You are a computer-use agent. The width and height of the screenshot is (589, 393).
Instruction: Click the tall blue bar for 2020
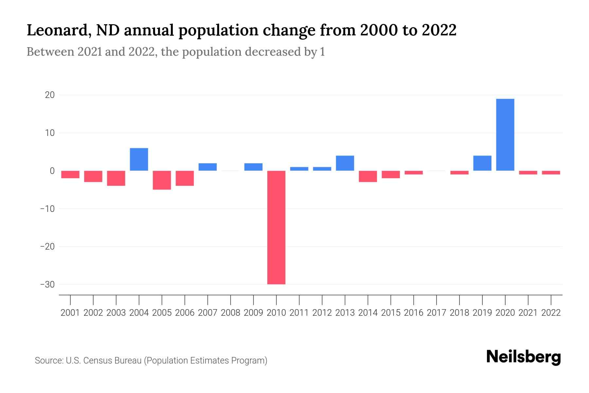tap(505, 135)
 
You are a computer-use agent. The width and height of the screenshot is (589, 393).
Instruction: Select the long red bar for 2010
tap(276, 227)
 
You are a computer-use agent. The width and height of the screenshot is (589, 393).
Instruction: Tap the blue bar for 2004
tap(139, 159)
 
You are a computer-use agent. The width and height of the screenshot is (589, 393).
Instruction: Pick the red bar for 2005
tap(162, 180)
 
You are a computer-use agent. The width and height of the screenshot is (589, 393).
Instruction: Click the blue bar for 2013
tap(345, 163)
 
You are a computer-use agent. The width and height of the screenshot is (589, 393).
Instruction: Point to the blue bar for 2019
tap(482, 163)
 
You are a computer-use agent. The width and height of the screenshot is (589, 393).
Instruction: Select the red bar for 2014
tap(368, 176)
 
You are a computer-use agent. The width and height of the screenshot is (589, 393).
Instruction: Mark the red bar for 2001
tap(70, 175)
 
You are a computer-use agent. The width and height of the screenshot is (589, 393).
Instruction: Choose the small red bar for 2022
tap(551, 173)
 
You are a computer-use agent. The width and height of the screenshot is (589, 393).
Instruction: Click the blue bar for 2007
tap(207, 167)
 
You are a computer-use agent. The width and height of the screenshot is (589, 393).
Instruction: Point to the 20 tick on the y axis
tap(50, 95)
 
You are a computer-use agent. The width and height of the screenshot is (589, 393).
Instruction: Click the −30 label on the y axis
tap(47, 284)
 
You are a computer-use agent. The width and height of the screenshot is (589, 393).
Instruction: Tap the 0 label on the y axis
tap(52, 171)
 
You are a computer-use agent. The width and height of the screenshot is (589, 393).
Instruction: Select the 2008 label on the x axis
tap(230, 313)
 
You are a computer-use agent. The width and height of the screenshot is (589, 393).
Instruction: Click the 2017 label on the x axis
tap(436, 313)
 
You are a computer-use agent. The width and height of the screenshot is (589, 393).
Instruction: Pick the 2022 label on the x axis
tap(551, 313)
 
